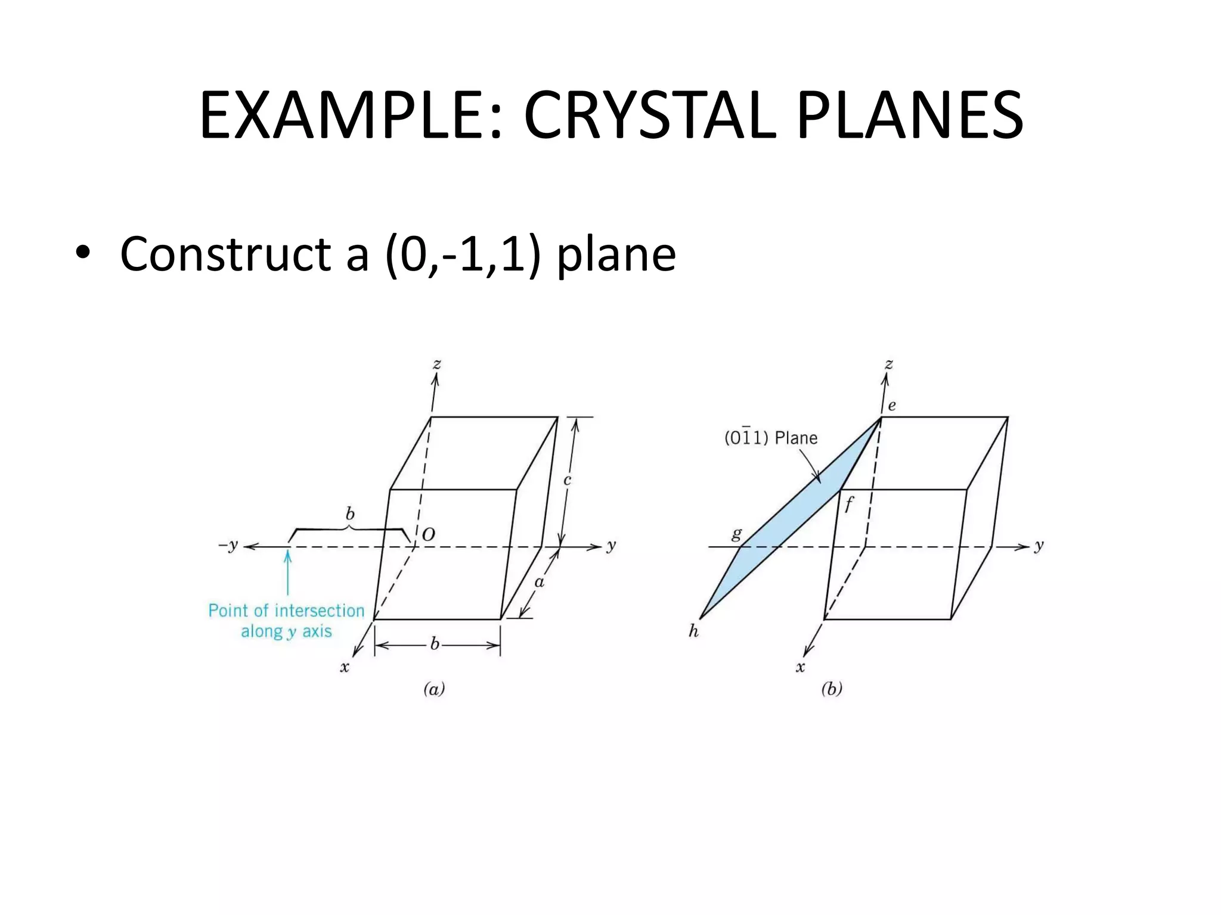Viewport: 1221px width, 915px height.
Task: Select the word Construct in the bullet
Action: point(225,254)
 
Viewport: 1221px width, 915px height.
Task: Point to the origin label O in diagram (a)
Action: point(428,535)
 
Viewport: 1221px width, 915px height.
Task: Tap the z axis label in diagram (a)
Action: point(437,363)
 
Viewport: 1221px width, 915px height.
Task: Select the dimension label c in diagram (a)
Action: point(568,480)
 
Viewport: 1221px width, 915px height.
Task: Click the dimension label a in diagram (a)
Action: point(539,582)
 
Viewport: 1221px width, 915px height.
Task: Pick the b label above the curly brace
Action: point(350,513)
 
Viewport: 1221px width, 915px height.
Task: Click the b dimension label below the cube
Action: point(435,644)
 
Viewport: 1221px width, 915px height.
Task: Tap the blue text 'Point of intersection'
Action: point(286,611)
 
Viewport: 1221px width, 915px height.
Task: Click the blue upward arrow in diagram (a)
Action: point(288,572)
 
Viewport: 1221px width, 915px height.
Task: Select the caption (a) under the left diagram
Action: point(434,689)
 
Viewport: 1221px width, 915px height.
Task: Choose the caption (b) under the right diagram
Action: point(832,689)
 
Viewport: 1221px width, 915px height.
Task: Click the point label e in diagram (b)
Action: point(892,406)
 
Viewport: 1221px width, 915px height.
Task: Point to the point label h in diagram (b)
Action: point(693,631)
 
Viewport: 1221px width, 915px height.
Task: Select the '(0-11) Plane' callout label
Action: point(770,438)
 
